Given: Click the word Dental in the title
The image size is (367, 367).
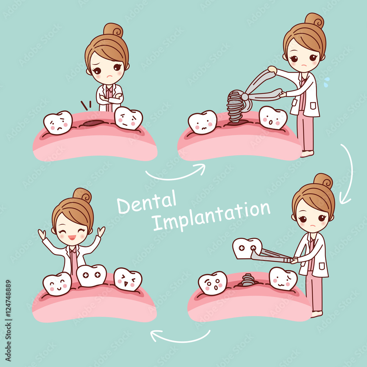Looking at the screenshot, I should coord(146,202).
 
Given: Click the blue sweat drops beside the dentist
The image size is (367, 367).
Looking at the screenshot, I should coord(326,81).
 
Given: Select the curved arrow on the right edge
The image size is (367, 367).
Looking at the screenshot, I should coord(347,172).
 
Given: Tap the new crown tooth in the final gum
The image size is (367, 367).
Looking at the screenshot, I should coord(91,275).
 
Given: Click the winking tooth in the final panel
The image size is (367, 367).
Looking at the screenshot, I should coord(128,279).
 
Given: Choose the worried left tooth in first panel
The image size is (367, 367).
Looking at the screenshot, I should coord(58,123).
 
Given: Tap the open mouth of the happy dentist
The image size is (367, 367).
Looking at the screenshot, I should coord(72,237).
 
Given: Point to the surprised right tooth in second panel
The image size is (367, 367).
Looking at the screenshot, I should coord(273,117).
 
